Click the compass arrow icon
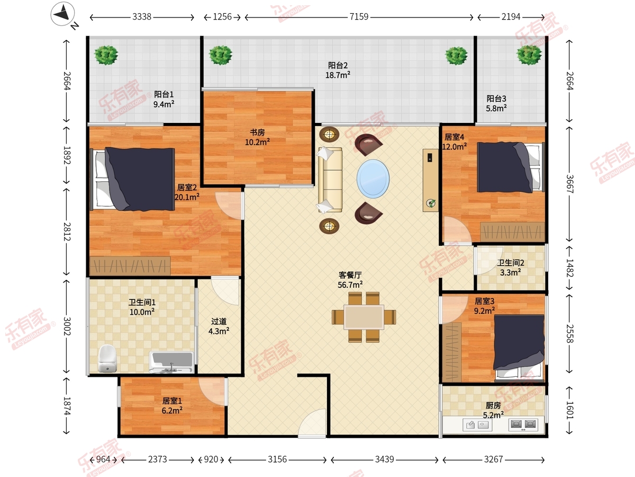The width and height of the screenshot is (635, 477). (x=62, y=14)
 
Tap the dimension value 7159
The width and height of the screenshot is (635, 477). (x=359, y=17)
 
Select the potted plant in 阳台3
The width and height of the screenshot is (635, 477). (x=529, y=55)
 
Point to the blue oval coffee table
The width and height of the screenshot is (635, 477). (x=373, y=179)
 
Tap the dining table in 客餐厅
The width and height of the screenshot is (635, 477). (x=364, y=317)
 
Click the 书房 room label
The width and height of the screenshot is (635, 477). (x=257, y=132)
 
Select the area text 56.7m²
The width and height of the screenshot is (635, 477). (x=350, y=285)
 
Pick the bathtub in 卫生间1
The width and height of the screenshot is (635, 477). (x=171, y=362)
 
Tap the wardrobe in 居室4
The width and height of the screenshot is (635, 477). (x=512, y=232)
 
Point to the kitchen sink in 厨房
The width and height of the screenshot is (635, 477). (x=477, y=425)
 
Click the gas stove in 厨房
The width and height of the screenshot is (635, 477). (x=523, y=425)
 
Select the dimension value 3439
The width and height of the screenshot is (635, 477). (x=385, y=460)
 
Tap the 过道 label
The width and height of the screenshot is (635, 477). (x=219, y=322)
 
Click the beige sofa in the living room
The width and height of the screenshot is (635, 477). (x=330, y=180)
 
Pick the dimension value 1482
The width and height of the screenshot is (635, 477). (x=569, y=268)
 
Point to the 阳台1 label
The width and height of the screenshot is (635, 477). (x=164, y=94)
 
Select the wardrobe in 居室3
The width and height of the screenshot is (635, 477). (x=451, y=352)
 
